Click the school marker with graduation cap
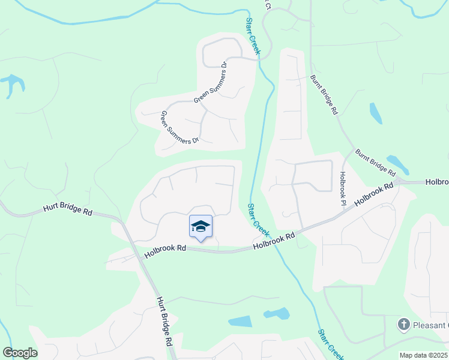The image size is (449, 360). [200, 227]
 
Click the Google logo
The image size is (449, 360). [20, 353]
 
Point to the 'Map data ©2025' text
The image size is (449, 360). [423, 355]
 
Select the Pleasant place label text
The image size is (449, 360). [430, 325]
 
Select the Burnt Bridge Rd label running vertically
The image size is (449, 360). [325, 95]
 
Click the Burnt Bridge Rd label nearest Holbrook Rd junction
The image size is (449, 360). [375, 162]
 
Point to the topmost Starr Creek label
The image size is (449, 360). [252, 37]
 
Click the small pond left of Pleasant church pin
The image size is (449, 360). [276, 313]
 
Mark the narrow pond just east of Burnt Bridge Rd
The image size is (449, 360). [376, 113]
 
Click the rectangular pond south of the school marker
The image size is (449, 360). [240, 321]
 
